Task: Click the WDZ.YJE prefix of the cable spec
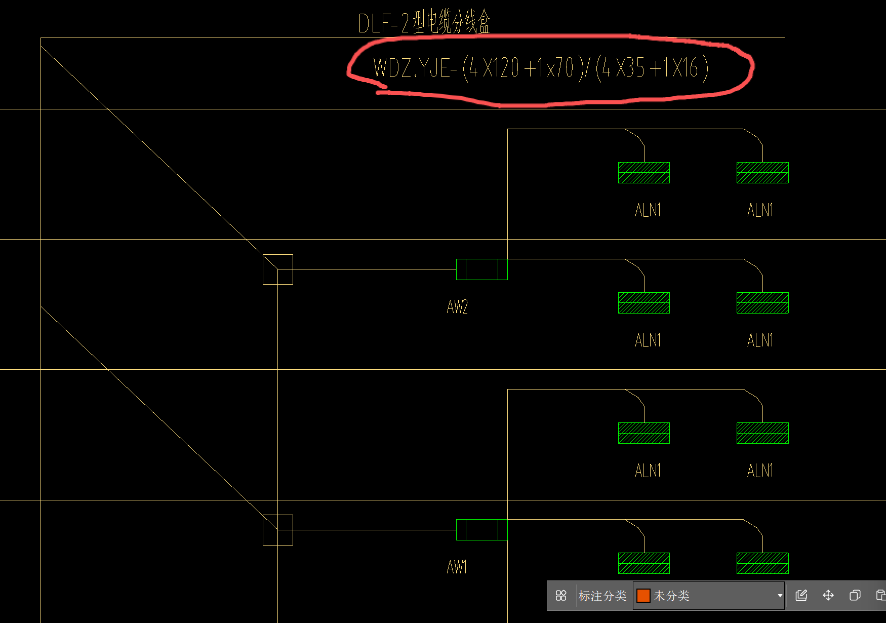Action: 411,68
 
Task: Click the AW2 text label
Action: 457,307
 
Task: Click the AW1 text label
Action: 457,567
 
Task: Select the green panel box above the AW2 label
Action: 482,269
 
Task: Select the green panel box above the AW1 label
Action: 482,530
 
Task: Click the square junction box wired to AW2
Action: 278,269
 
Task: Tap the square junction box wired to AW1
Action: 278,530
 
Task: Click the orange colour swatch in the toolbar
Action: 643,596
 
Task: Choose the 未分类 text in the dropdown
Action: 671,596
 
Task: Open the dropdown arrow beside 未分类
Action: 780,596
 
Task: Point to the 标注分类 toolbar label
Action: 602,596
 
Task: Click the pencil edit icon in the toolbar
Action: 801,595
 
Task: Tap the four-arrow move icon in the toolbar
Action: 828,595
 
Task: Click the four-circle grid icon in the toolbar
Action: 561,596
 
